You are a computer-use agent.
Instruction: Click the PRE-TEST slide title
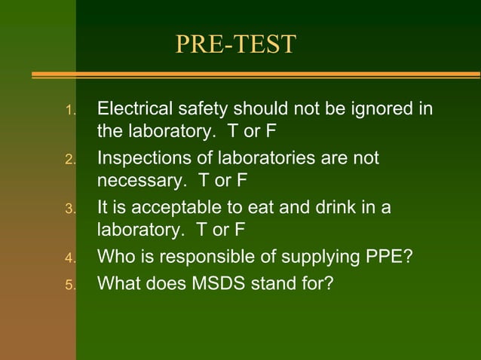pyautogui.click(x=235, y=44)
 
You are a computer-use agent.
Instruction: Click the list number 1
pyautogui.click(x=70, y=111)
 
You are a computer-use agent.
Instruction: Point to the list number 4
pyautogui.click(x=70, y=260)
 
